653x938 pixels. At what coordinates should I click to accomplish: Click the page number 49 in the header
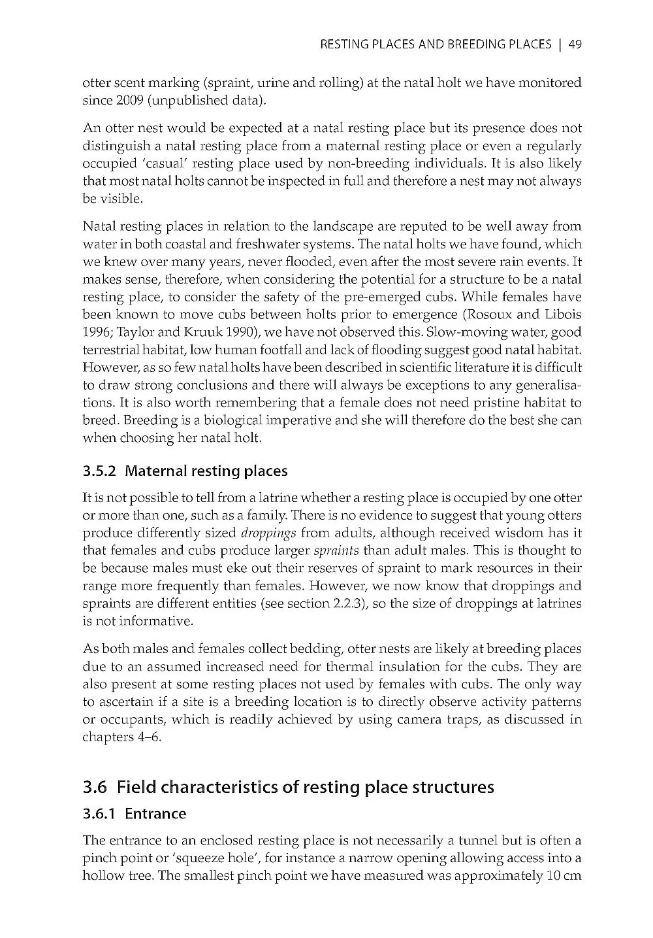click(575, 44)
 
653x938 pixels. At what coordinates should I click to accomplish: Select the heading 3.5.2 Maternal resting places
click(185, 471)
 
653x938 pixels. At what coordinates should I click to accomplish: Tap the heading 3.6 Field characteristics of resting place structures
click(289, 787)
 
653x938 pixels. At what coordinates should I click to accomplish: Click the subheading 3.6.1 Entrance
click(135, 814)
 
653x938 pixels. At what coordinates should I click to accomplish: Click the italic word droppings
click(269, 533)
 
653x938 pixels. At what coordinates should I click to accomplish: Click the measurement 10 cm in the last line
click(562, 876)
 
